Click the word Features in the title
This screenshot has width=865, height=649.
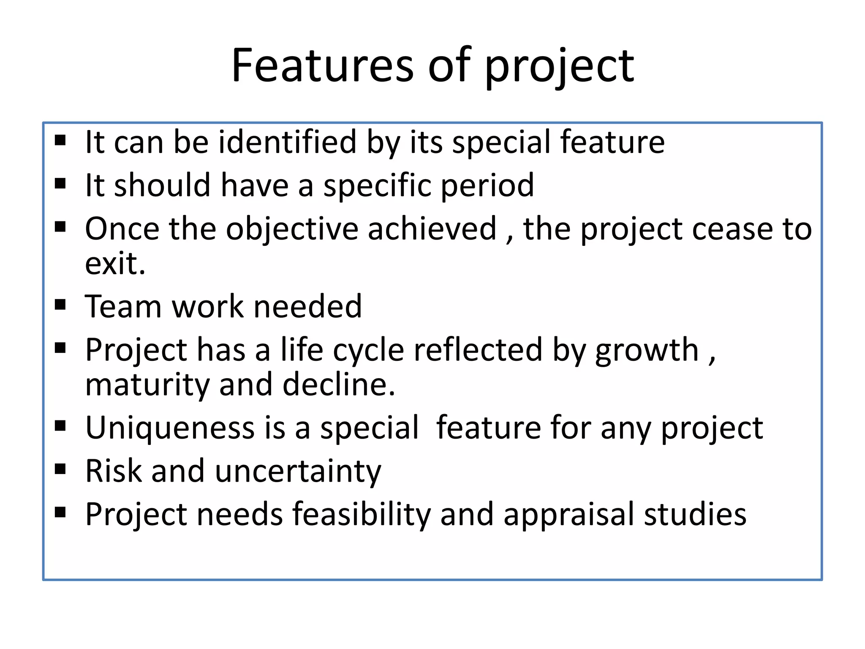(x=322, y=65)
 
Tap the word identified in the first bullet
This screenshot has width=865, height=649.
(x=287, y=142)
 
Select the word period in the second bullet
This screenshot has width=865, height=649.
(x=487, y=185)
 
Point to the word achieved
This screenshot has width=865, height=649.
(x=432, y=229)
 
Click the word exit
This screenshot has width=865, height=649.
(x=115, y=264)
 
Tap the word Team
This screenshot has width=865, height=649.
(x=123, y=306)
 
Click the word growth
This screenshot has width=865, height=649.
(x=647, y=351)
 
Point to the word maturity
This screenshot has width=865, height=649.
(x=147, y=385)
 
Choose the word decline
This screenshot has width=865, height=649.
(x=339, y=385)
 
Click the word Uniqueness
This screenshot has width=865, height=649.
(x=170, y=428)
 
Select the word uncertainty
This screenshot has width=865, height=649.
(x=298, y=472)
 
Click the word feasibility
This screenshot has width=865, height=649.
(x=362, y=515)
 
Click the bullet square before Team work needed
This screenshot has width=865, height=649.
(x=60, y=304)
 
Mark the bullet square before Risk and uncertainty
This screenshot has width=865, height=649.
(x=60, y=469)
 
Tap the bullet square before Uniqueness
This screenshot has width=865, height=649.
(x=60, y=425)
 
